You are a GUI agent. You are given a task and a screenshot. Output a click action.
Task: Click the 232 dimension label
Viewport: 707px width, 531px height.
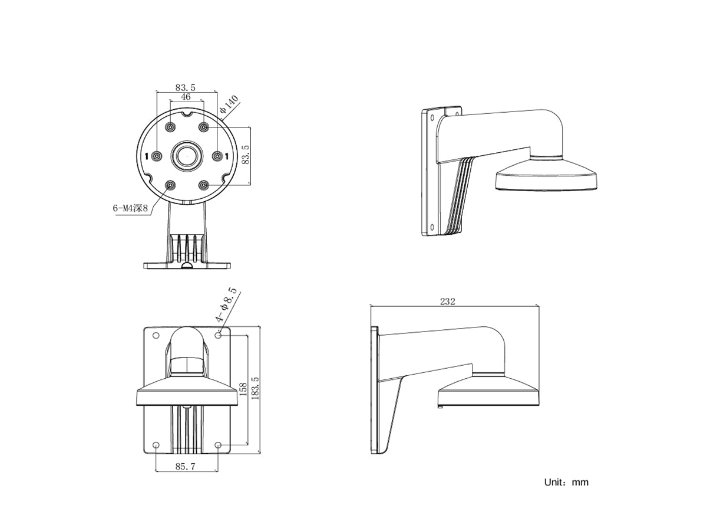pyautogui.click(x=447, y=301)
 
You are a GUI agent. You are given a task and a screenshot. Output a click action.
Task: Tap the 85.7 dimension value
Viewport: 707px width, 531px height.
pyautogui.click(x=185, y=466)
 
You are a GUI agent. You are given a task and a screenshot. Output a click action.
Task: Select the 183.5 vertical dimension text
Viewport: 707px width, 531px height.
pyautogui.click(x=255, y=388)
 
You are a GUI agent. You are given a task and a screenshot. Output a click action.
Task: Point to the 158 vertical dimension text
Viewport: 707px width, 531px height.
pyautogui.click(x=243, y=389)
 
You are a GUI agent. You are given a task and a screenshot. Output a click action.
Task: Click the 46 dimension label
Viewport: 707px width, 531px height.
pyautogui.click(x=186, y=97)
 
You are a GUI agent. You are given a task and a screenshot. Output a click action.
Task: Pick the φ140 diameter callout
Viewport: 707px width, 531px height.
pyautogui.click(x=229, y=104)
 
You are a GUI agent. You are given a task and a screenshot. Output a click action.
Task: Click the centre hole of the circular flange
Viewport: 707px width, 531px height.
pyautogui.click(x=187, y=156)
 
